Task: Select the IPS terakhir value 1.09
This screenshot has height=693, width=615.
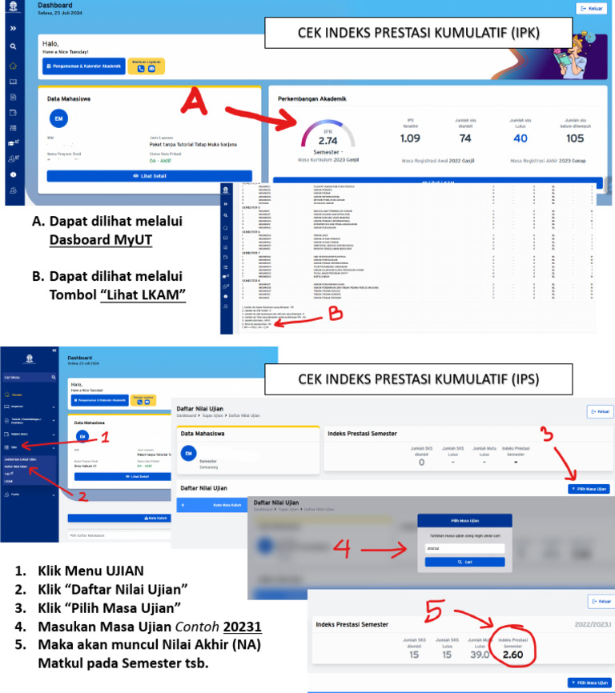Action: [x=410, y=138]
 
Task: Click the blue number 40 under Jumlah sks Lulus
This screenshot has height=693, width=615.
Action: [x=521, y=138]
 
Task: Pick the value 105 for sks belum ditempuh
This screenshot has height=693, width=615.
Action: [x=574, y=138]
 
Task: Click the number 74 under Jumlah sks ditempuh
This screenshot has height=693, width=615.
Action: [x=465, y=138]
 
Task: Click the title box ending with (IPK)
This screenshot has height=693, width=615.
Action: [x=419, y=34]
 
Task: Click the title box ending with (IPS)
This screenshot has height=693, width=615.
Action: [x=418, y=378]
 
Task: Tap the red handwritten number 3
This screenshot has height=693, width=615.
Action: [x=546, y=434]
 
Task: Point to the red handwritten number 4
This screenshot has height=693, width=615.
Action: [x=342, y=548]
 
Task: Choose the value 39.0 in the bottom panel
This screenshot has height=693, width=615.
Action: [x=479, y=655]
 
